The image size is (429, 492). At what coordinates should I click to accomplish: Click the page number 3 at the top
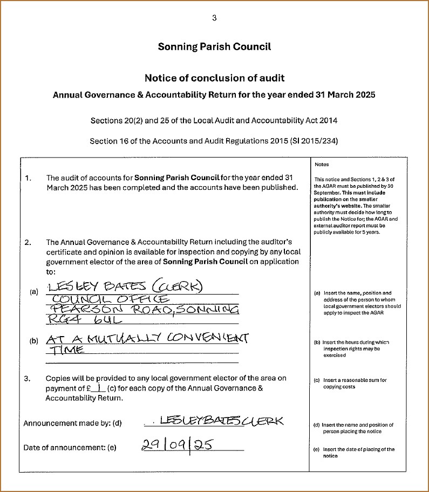click(214, 18)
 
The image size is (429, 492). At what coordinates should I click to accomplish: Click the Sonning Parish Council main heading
click(214, 46)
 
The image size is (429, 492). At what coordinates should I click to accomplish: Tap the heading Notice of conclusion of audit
click(214, 78)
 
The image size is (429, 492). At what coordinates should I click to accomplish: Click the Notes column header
click(321, 165)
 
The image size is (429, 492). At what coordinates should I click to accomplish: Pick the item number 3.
click(28, 379)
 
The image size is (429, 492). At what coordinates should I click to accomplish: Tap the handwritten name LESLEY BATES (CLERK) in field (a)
click(125, 286)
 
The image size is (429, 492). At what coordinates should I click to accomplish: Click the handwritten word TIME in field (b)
click(66, 350)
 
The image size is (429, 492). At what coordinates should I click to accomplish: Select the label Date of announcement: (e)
click(70, 447)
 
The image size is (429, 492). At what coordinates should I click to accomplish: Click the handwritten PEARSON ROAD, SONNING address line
click(143, 309)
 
